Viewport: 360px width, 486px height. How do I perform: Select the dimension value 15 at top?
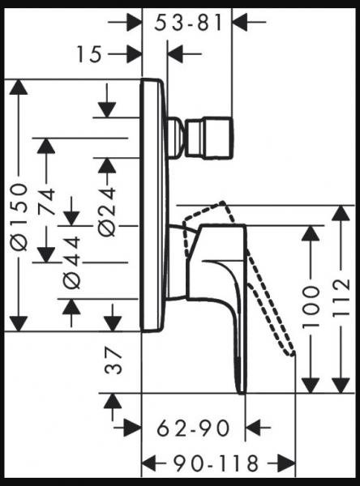click(x=91, y=54)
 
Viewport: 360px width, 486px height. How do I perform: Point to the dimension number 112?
click(x=341, y=299)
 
